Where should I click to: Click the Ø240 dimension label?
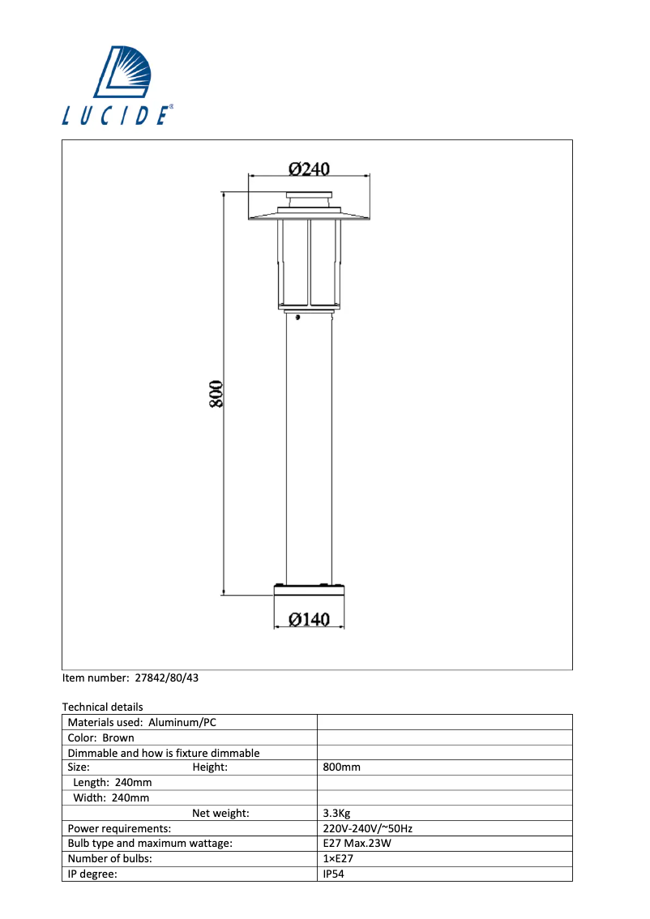(x=309, y=169)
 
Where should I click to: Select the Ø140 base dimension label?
(x=309, y=619)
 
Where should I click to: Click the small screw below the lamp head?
(x=299, y=317)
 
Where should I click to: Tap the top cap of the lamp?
(x=309, y=197)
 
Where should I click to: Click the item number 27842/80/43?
(x=166, y=677)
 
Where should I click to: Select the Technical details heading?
(x=102, y=707)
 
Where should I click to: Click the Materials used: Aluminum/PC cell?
(x=142, y=722)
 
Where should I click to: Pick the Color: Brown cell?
(x=101, y=737)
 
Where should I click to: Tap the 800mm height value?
(x=341, y=767)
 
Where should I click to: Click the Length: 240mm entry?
(x=112, y=782)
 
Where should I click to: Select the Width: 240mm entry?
(x=111, y=797)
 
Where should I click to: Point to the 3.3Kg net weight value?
(x=336, y=813)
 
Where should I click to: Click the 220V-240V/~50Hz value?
(x=368, y=828)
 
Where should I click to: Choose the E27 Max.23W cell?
(x=357, y=844)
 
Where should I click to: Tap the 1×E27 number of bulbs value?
(x=339, y=858)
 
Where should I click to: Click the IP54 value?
(x=334, y=874)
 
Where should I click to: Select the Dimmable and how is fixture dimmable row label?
(x=164, y=753)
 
